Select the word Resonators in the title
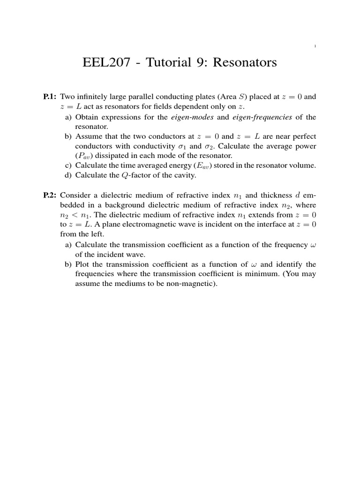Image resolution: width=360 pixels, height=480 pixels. coord(246,62)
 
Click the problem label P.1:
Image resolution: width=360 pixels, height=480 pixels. coord(50,97)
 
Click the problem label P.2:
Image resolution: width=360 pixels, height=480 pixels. coord(50,194)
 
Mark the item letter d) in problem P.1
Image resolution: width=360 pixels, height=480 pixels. coord(68,175)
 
